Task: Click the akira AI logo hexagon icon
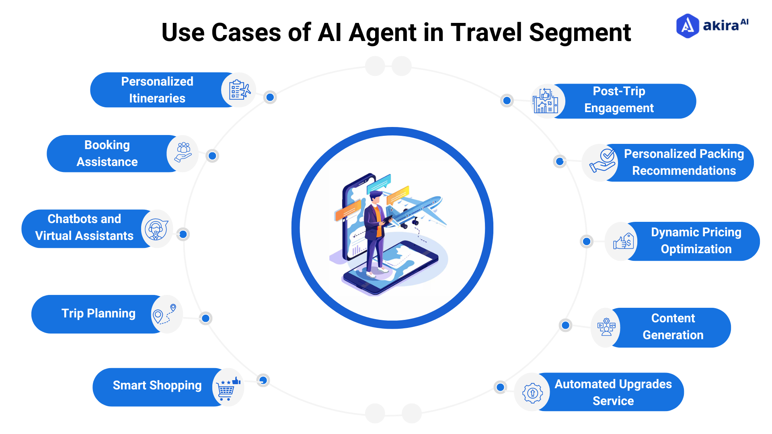point(688,26)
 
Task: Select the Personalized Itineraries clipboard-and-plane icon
point(239,90)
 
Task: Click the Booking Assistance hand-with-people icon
point(183,153)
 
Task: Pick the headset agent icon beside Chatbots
point(156,229)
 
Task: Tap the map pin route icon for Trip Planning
point(165,314)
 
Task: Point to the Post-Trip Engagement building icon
point(545,101)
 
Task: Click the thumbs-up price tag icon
point(623,242)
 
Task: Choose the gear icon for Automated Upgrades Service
point(532,393)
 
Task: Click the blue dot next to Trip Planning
point(205,318)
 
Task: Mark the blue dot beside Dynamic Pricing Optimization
point(587,242)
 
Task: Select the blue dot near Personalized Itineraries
point(270,97)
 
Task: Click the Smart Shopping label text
point(157,385)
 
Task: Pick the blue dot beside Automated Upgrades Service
point(500,387)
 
